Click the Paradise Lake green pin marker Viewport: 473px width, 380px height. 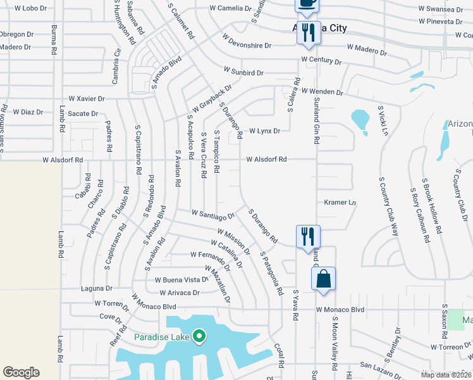(199, 336)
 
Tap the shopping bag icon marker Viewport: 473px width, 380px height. (323, 279)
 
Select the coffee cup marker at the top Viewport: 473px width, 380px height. (307, 3)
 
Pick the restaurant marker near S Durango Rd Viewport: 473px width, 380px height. (308, 237)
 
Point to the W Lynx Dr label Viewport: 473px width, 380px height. (264, 131)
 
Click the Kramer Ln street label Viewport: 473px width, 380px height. (340, 203)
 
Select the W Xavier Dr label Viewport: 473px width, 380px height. (87, 99)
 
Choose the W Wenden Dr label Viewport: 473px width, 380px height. (322, 92)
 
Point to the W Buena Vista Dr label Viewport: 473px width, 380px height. (181, 279)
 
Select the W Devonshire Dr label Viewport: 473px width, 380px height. (246, 41)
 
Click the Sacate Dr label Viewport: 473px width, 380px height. (83, 114)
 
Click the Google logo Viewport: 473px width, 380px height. (21, 372)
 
